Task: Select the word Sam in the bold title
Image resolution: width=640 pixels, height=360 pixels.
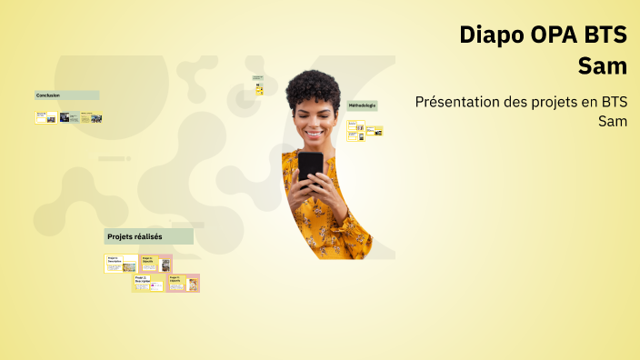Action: pyautogui.click(x=603, y=66)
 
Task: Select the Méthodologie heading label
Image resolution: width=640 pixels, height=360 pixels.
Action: pyautogui.click(x=362, y=105)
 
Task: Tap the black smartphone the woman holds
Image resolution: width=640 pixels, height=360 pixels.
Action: pyautogui.click(x=310, y=166)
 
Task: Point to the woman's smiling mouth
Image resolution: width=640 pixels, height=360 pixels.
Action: pyautogui.click(x=313, y=134)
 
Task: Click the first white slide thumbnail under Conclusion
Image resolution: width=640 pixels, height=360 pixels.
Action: pyautogui.click(x=45, y=117)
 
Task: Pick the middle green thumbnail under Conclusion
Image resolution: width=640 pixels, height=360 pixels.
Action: pyautogui.click(x=68, y=117)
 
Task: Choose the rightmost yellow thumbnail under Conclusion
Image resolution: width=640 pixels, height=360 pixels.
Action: pyautogui.click(x=91, y=117)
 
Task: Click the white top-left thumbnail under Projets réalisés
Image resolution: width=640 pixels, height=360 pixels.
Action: pyautogui.click(x=121, y=264)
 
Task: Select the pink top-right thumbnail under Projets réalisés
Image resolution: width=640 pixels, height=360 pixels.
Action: pyautogui.click(x=155, y=264)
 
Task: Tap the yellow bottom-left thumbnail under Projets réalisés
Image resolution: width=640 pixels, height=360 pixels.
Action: pyautogui.click(x=148, y=283)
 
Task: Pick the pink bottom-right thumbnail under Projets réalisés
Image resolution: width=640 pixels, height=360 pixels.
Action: pyautogui.click(x=183, y=283)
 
